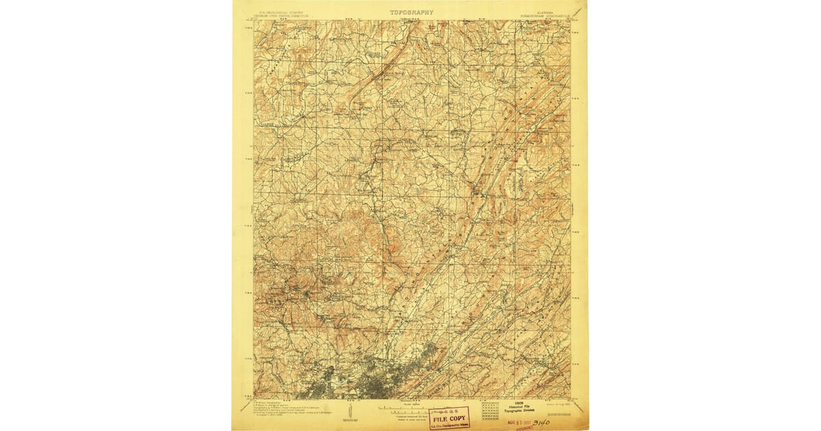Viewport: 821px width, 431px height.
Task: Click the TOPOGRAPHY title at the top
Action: click(411, 12)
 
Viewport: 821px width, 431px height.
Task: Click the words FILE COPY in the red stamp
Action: click(449, 417)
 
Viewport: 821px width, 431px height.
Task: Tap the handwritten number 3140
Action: click(540, 423)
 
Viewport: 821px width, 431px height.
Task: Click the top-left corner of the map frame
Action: click(254, 20)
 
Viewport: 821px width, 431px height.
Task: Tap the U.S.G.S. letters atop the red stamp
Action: click(447, 410)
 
